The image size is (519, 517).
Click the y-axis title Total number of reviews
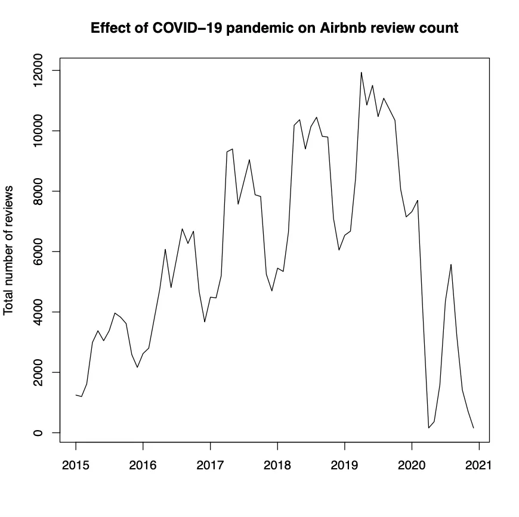pyautogui.click(x=9, y=250)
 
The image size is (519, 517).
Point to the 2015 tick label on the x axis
pyautogui.click(x=76, y=465)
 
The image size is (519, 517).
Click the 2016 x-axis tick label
pyautogui.click(x=143, y=465)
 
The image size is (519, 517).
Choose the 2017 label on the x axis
pyautogui.click(x=210, y=465)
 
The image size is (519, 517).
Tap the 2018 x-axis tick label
pyautogui.click(x=277, y=465)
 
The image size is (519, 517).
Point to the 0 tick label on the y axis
pyautogui.click(x=39, y=432)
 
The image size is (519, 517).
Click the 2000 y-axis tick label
pyautogui.click(x=39, y=372)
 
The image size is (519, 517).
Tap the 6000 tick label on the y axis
pyautogui.click(x=39, y=251)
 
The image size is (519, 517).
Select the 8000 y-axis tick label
pyautogui.click(x=39, y=191)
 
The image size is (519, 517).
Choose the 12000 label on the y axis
pyautogui.click(x=39, y=70)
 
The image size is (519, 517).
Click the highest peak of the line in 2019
pyautogui.click(x=362, y=73)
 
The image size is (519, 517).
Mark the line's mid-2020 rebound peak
pyautogui.click(x=451, y=264)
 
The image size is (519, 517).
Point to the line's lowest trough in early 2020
pyautogui.click(x=428, y=428)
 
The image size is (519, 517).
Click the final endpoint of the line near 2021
pyautogui.click(x=473, y=428)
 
